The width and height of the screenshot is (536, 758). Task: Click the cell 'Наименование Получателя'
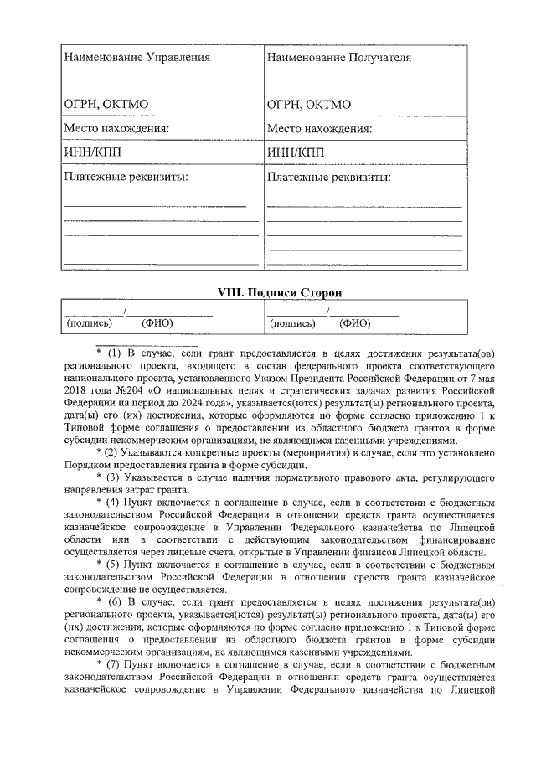point(338,58)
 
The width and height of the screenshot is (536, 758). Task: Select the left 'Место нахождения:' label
point(116,129)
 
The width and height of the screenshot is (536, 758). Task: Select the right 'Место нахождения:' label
point(319,129)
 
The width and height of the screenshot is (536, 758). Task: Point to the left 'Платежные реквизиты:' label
point(126,178)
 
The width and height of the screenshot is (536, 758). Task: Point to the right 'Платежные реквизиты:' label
point(328,178)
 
